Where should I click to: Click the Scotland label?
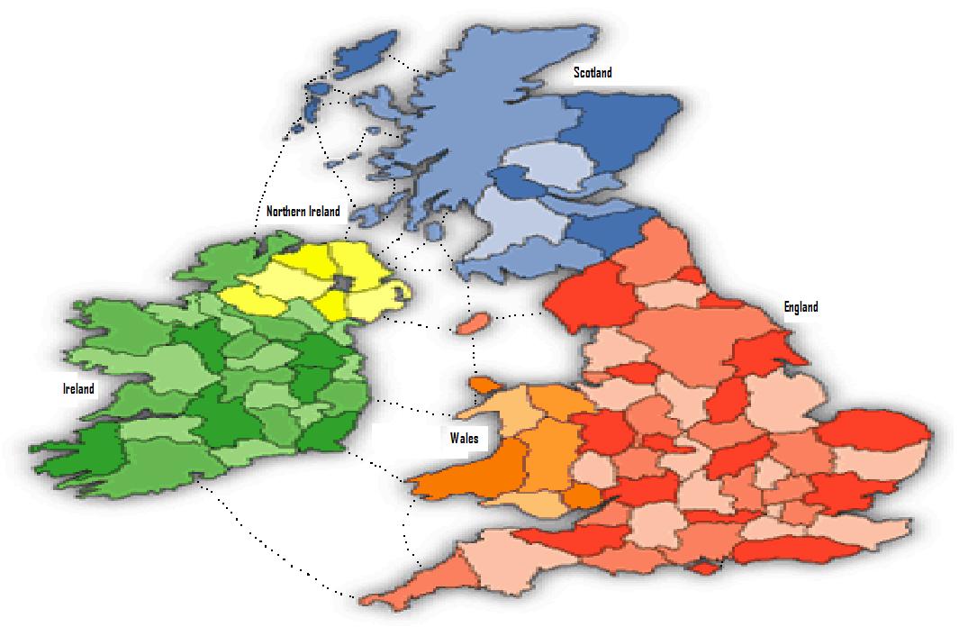(x=593, y=73)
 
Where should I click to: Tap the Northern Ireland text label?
(x=303, y=212)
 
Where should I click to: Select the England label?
(x=801, y=307)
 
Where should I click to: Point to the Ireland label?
(x=78, y=388)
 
